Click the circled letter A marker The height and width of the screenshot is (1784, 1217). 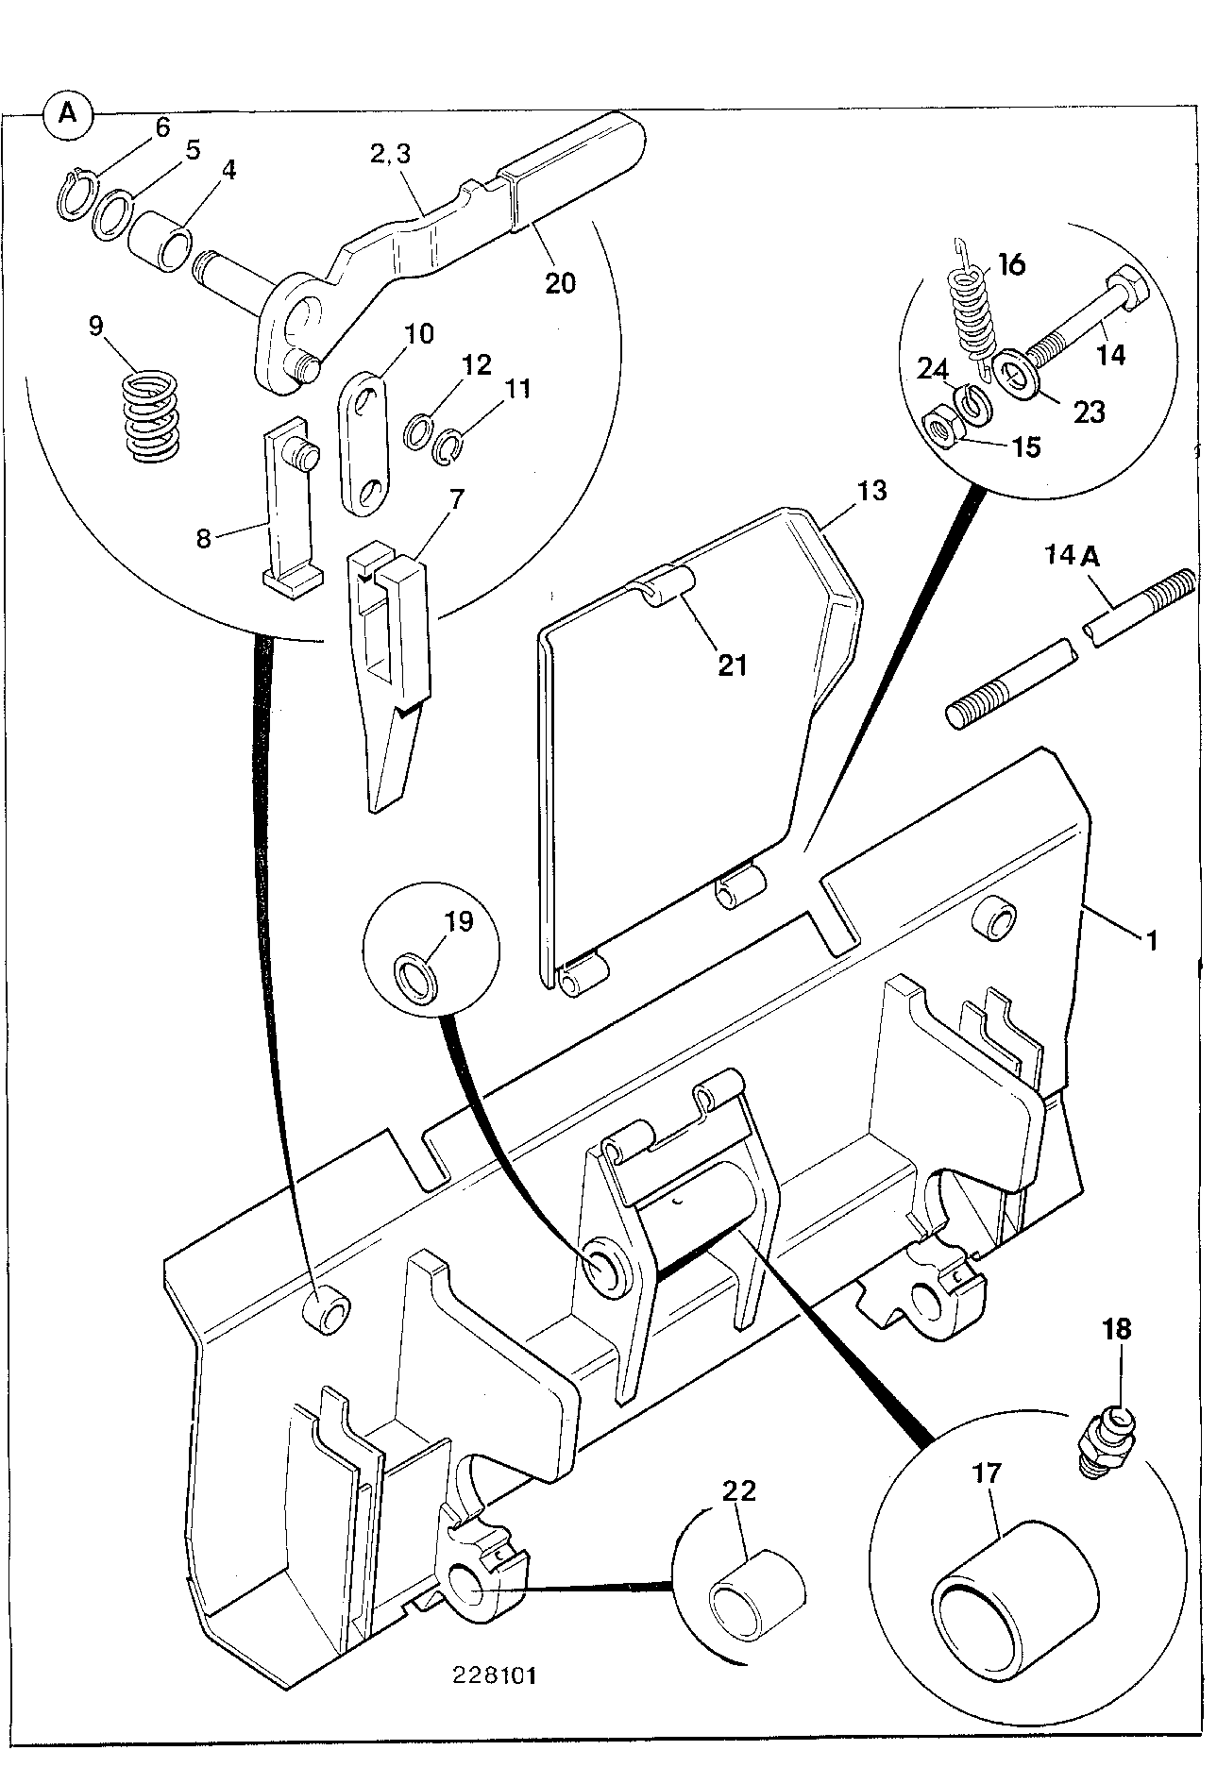tap(69, 114)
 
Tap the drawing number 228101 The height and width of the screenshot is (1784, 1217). tap(497, 1675)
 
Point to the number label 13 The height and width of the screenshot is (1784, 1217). tap(873, 492)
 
